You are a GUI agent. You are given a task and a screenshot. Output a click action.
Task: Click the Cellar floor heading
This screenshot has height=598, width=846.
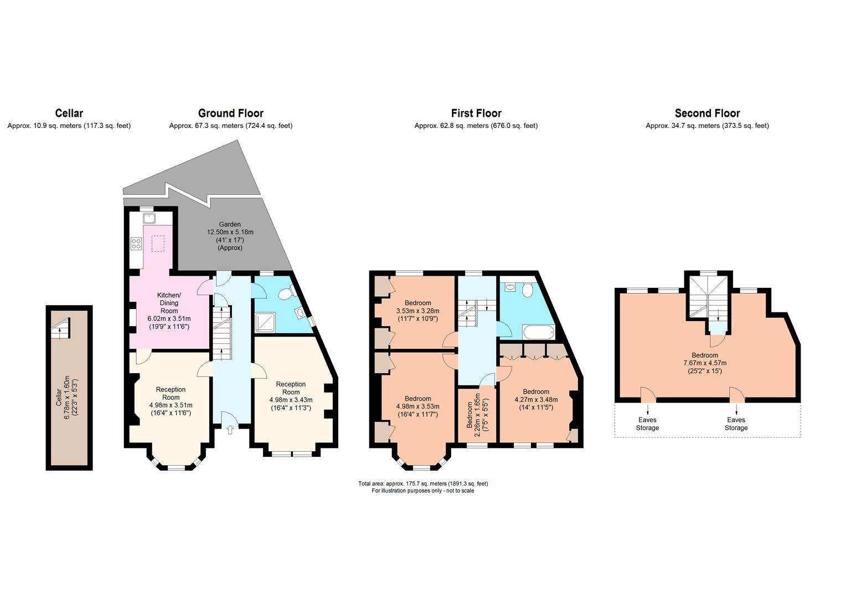point(69,113)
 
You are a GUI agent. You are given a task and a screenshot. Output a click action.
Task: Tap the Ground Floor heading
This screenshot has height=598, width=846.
point(231,113)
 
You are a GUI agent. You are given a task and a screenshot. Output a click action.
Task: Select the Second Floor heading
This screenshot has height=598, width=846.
point(708,113)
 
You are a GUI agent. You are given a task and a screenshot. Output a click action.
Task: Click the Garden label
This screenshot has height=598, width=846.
point(230,224)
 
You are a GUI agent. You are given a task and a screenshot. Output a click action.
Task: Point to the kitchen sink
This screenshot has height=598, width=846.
point(149,218)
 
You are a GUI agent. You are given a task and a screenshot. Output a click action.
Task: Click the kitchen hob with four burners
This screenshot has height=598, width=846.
point(136,243)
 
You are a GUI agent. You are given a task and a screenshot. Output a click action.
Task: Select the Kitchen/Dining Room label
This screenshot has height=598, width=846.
point(169,303)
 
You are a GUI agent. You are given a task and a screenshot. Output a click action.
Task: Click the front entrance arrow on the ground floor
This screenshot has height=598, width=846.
point(230,430)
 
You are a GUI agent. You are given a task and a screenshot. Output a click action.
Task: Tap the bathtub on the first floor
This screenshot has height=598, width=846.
point(539,332)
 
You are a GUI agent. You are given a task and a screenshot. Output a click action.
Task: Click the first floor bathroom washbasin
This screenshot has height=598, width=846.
point(510,287)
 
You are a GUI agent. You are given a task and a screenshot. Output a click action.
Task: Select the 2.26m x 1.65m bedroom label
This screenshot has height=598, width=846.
point(473,415)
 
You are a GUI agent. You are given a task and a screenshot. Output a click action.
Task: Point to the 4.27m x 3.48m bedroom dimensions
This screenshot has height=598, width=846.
point(536,404)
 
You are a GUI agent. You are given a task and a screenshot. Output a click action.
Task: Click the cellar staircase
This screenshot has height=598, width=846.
point(61,329)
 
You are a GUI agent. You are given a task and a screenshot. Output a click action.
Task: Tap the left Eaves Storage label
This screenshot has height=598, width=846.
point(647,424)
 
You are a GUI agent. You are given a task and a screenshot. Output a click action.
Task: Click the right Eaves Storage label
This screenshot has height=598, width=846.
point(736,424)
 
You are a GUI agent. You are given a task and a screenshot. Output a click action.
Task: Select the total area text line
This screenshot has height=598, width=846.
point(423,483)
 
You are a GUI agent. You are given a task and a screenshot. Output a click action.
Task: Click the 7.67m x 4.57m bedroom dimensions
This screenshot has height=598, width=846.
point(705,367)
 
